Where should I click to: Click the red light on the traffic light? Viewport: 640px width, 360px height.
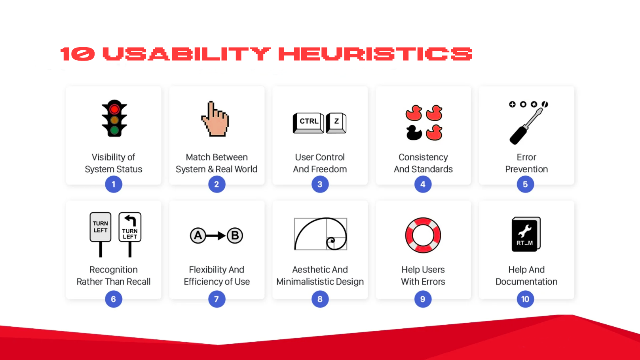pos(114,109)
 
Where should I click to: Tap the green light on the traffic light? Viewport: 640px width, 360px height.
pos(114,131)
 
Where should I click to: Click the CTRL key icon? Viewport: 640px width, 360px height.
pos(308,123)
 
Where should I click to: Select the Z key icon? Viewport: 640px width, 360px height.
pos(336,123)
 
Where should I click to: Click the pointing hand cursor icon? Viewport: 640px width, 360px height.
pos(215,119)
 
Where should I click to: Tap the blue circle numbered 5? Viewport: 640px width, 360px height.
pos(525,185)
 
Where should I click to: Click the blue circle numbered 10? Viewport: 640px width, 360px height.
pos(525,299)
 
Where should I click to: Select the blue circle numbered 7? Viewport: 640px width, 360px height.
pos(216,299)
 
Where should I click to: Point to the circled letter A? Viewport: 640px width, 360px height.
pos(198,236)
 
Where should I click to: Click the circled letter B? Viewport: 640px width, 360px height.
pos(235,236)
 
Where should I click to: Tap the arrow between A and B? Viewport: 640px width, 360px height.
pos(216,236)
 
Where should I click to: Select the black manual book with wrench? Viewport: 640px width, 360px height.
pos(526,234)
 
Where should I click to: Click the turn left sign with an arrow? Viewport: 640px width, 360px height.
pos(130,227)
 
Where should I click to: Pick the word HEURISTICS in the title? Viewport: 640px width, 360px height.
pos(375,54)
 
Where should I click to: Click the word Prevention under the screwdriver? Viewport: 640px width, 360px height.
pos(526,169)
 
